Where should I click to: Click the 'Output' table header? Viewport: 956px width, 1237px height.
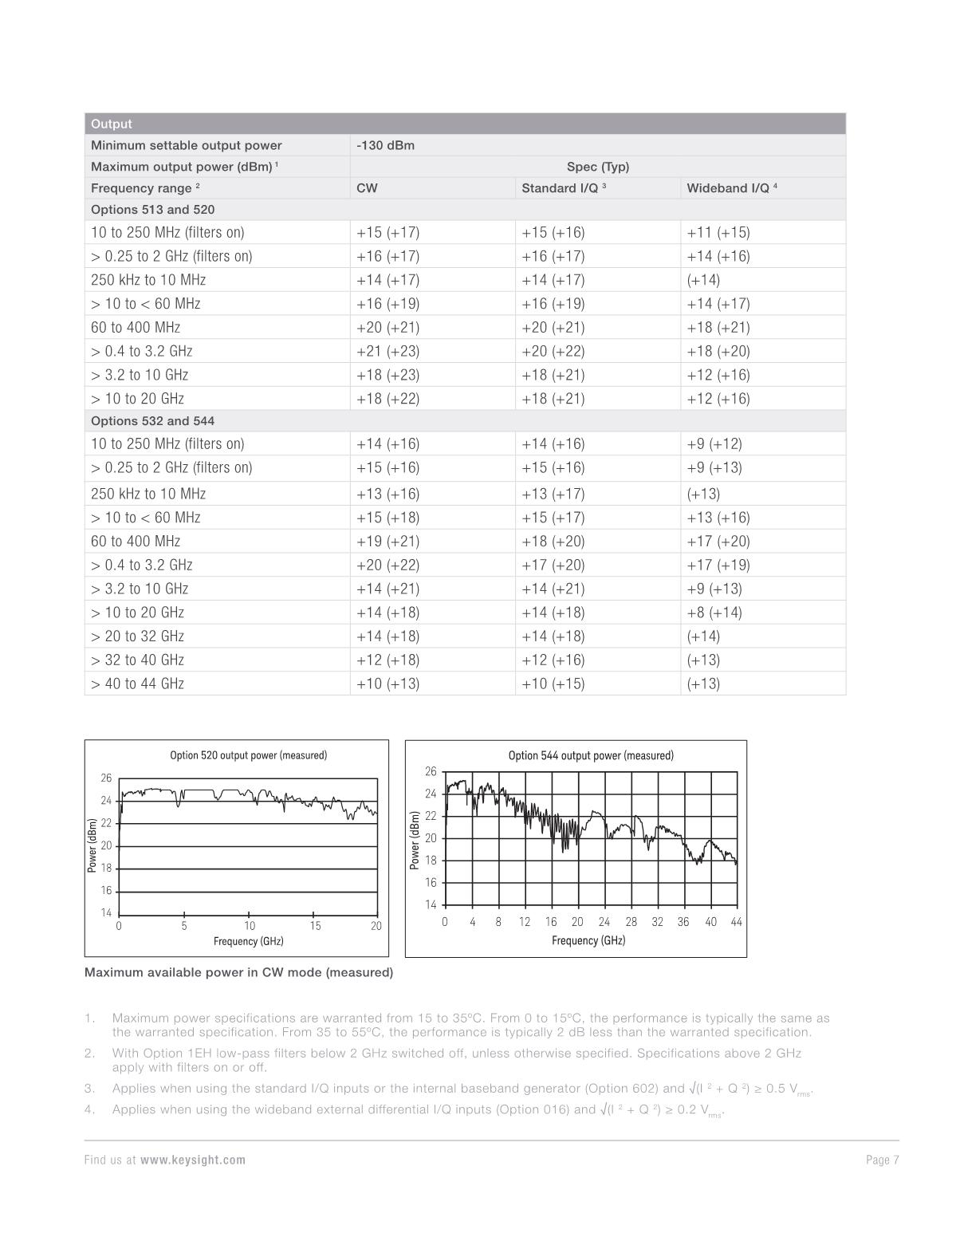coord(112,124)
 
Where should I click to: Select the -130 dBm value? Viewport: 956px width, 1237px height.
coord(385,145)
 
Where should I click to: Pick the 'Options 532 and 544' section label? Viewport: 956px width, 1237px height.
coord(152,421)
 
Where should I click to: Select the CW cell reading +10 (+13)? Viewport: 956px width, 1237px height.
coord(388,684)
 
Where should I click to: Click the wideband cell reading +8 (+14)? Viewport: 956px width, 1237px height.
coord(714,613)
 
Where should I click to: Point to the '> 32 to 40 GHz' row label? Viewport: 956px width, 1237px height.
coord(137,660)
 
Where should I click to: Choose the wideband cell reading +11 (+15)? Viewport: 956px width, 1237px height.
coord(718,233)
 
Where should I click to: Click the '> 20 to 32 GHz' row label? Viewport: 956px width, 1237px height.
coord(137,636)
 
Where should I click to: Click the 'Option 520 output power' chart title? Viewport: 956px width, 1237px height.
coord(248,755)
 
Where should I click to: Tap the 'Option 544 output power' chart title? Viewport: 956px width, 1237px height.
coord(591,755)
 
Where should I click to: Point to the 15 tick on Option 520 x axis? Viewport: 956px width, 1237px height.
coord(315,926)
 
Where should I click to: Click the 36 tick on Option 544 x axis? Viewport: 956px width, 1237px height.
coord(683,922)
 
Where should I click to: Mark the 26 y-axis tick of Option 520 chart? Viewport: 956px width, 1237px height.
coord(106,778)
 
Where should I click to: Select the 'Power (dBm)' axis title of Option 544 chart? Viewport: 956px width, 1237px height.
coord(415,840)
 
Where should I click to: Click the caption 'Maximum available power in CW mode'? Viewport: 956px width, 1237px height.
coord(238,972)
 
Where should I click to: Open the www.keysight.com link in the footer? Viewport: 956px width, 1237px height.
coord(193,1160)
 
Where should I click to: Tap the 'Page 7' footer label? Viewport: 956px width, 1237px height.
coord(882,1160)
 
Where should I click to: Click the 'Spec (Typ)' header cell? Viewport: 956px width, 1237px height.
coord(597,167)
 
